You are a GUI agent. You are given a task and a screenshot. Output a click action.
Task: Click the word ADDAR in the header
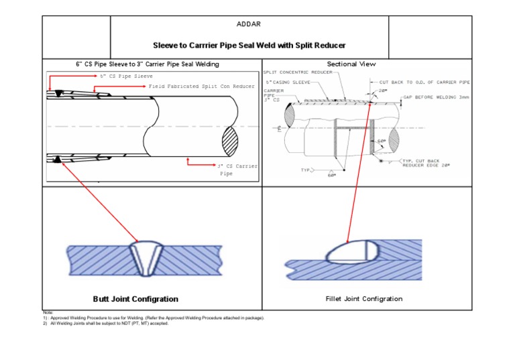(249, 24)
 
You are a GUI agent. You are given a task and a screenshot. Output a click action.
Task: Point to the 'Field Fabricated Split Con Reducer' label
(202, 86)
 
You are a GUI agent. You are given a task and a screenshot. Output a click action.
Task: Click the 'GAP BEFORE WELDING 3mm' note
(436, 97)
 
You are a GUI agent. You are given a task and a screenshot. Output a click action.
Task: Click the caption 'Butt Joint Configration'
(135, 299)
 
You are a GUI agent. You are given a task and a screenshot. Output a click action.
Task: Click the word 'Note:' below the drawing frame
(47, 312)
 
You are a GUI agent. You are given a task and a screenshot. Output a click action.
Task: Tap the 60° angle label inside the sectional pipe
(382, 141)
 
